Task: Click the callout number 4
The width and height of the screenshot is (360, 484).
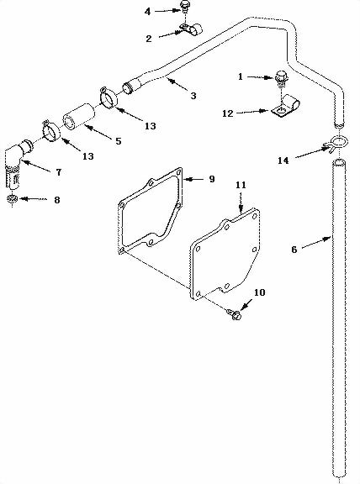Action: (148, 11)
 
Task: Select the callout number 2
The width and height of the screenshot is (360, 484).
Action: (148, 39)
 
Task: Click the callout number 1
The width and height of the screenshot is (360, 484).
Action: (240, 76)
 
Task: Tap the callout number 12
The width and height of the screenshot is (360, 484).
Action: (228, 113)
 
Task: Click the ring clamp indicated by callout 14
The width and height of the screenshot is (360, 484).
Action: (336, 142)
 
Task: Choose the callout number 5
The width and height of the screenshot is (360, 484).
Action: (117, 141)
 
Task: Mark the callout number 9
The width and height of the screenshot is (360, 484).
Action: (211, 179)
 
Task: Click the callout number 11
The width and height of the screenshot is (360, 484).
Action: (240, 183)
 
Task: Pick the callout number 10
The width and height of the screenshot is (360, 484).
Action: (258, 292)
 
